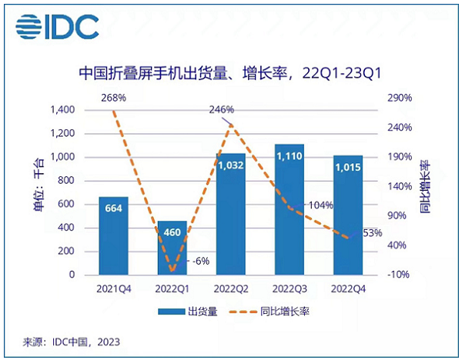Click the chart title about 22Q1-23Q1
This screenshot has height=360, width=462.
click(231, 74)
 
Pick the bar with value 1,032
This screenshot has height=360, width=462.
click(231, 215)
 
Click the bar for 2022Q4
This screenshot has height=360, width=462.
click(349, 215)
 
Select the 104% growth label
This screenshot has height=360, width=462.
click(320, 205)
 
